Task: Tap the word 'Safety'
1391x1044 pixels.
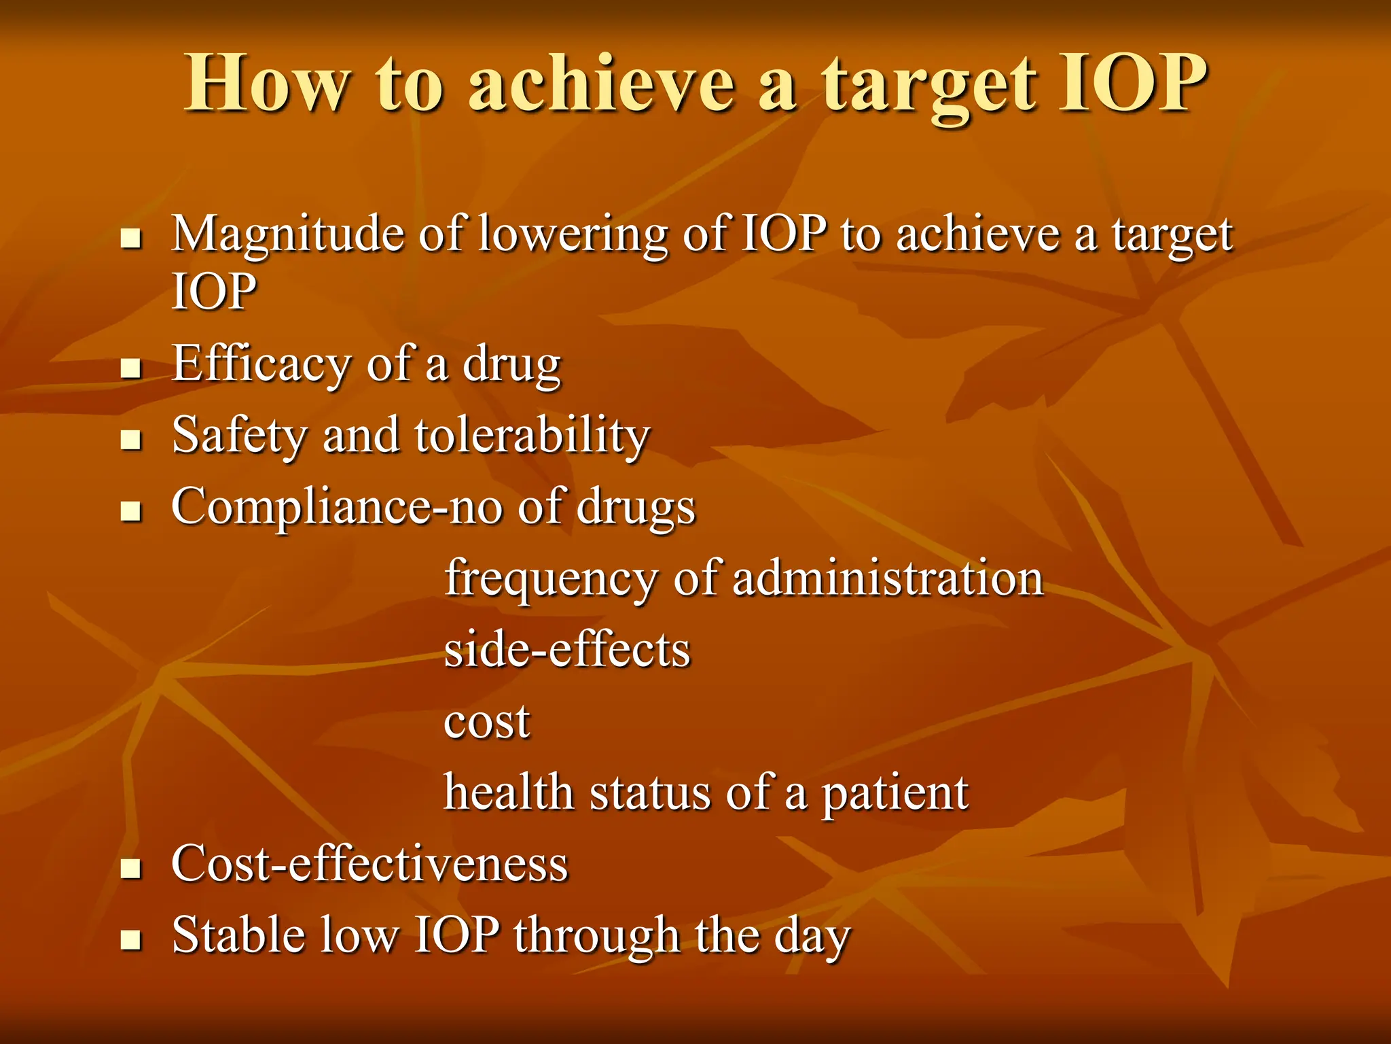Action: point(239,436)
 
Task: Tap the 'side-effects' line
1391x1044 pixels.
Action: point(567,650)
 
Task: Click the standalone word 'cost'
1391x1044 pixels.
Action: point(486,722)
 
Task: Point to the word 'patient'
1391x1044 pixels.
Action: point(895,794)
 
